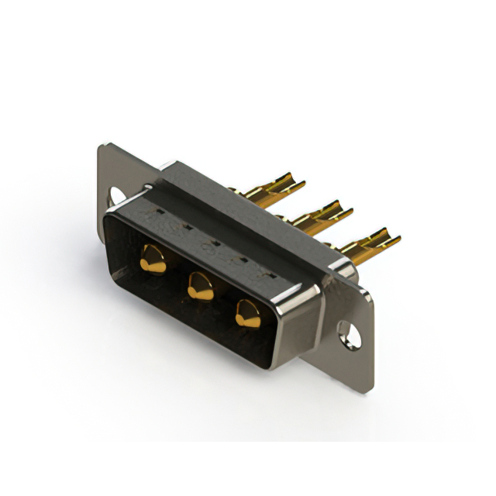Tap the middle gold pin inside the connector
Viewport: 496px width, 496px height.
201,288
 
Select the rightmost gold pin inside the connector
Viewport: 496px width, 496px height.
249,313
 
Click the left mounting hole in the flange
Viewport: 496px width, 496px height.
116,195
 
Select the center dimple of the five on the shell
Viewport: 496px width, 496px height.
215,242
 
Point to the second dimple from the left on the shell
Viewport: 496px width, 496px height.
186,226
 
